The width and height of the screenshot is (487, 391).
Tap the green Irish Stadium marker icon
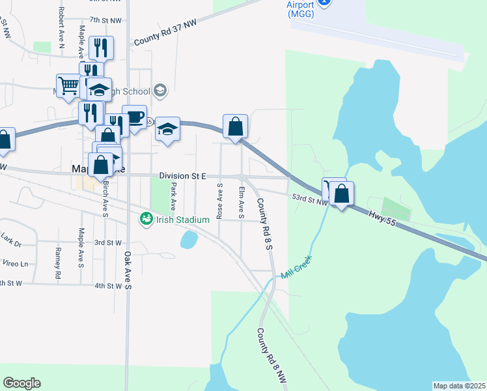pos(145,219)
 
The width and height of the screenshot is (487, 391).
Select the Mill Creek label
pos(297,267)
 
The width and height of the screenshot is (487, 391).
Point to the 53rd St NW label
pos(310,199)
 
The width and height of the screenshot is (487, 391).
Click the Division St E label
pos(182,176)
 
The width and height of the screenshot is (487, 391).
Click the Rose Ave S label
pos(220,200)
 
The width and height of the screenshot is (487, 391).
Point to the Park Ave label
pos(173,192)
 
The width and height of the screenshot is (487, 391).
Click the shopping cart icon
pos(68,85)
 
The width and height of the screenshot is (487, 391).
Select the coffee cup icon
pos(134,117)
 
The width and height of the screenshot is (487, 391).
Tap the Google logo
pos(21,383)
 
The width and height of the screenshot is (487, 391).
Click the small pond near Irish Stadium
pos(189,240)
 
